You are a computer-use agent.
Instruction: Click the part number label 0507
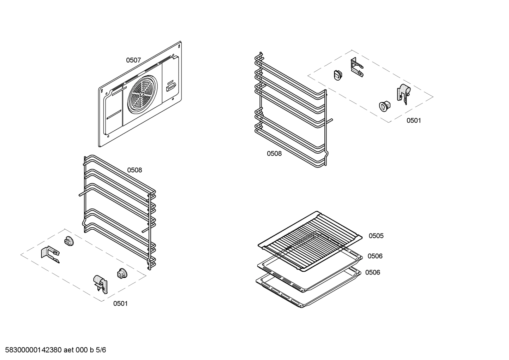click(133, 60)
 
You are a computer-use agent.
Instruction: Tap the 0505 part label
click(376, 236)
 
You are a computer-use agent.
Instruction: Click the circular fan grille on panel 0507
click(142, 95)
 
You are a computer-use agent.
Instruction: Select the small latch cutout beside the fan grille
click(170, 87)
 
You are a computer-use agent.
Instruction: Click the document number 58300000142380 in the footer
click(34, 350)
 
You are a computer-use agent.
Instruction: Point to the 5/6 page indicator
click(101, 350)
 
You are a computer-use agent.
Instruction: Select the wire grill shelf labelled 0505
click(310, 241)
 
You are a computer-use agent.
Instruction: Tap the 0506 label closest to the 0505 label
click(375, 256)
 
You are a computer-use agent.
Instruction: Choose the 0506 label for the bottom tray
click(373, 272)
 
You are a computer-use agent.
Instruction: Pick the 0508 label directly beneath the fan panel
click(134, 170)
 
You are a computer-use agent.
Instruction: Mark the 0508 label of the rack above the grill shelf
click(274, 154)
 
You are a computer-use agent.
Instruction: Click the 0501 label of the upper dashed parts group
click(414, 120)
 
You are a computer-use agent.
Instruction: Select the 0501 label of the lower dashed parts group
click(120, 303)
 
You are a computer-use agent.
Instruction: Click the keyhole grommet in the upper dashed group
click(384, 106)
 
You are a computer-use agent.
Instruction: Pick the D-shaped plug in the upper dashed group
click(338, 75)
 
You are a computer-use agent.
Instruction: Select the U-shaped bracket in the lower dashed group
click(50, 254)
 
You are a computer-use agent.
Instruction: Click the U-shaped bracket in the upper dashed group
click(357, 67)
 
